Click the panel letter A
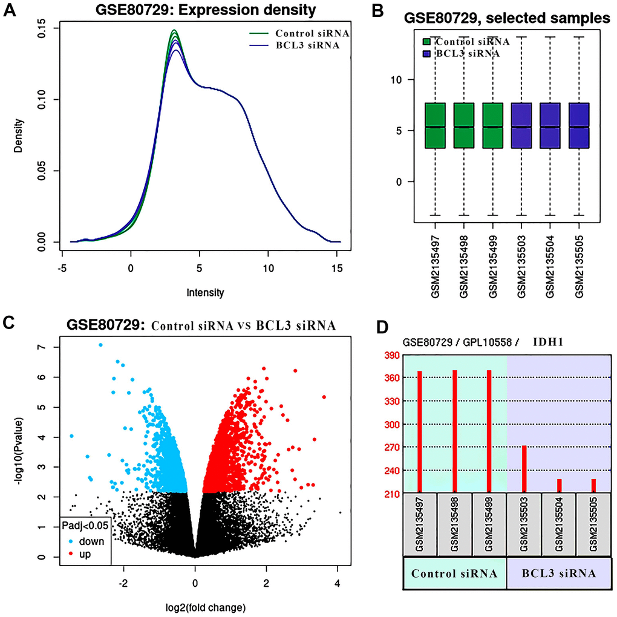(10, 12)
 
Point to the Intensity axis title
(206, 293)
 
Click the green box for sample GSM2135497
(435, 126)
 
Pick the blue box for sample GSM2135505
(579, 126)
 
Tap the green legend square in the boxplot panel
(428, 42)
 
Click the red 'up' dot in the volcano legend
(67, 553)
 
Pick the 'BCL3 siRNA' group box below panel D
(558, 589)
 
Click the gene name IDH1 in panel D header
(548, 342)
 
